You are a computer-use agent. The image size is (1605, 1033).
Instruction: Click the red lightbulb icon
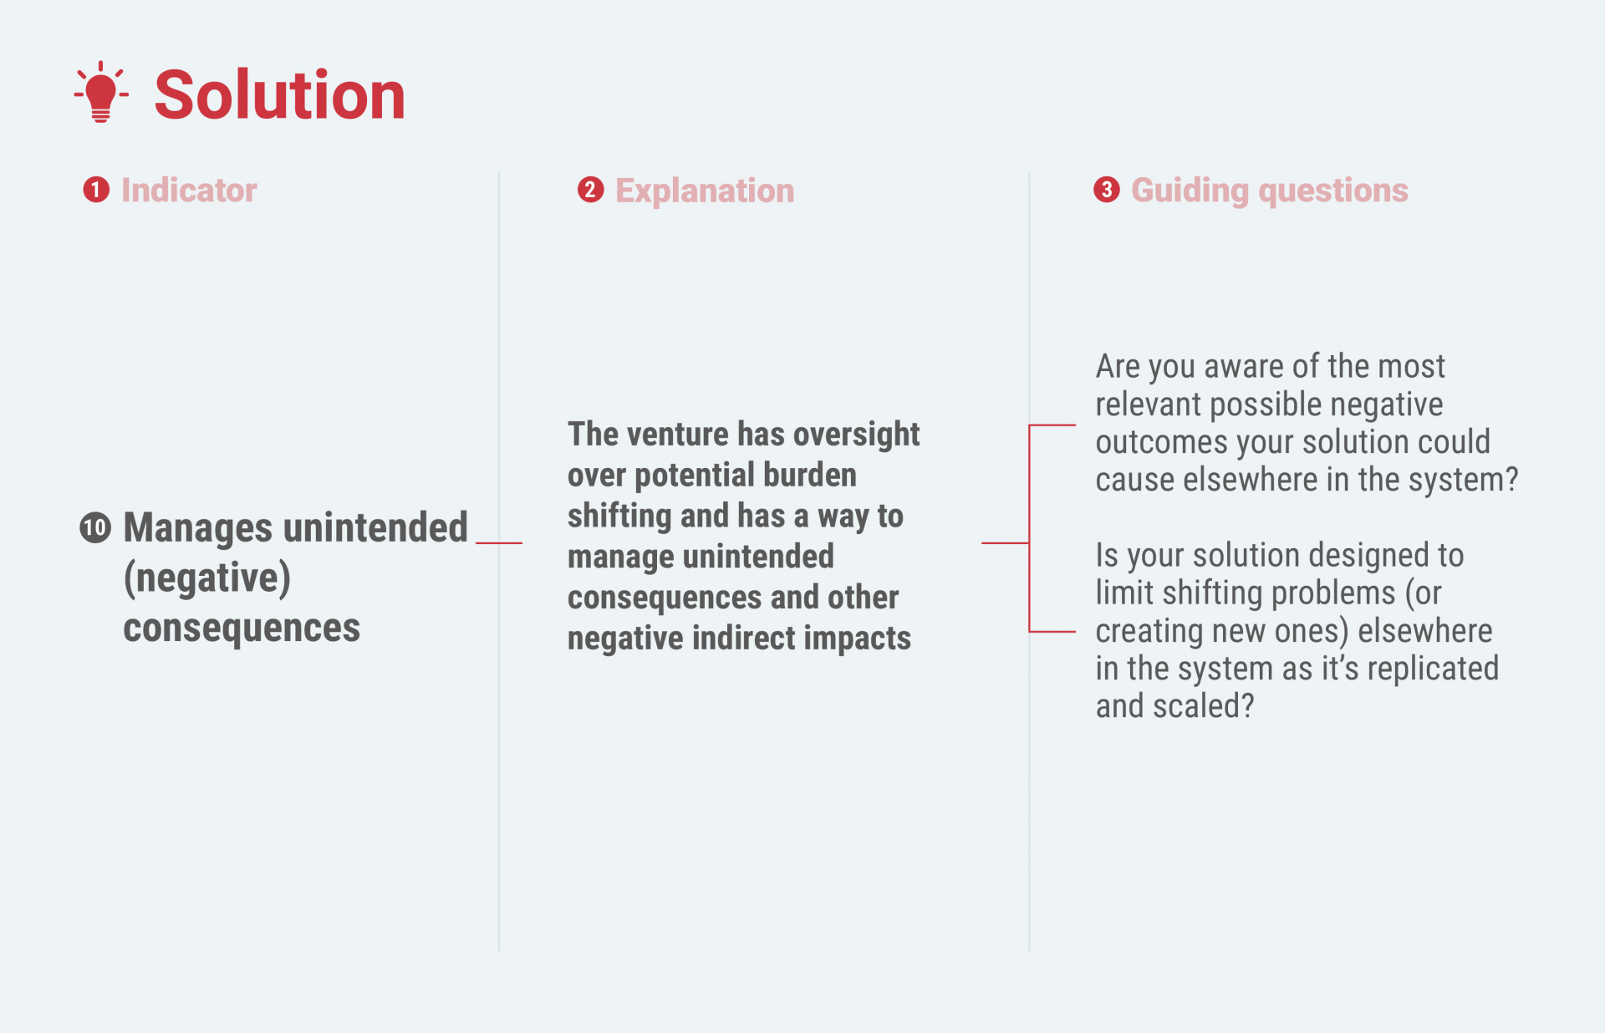click(101, 93)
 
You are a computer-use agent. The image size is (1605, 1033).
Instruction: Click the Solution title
click(280, 94)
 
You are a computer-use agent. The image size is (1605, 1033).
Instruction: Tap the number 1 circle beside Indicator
click(96, 190)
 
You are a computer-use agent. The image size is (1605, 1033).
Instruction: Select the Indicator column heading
click(189, 191)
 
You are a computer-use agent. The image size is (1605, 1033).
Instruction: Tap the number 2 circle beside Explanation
click(591, 190)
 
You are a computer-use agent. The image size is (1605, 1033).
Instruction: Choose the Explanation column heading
click(705, 191)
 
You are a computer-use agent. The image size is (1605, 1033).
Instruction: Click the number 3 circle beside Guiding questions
click(1107, 190)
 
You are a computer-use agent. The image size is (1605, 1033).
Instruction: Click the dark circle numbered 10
click(95, 527)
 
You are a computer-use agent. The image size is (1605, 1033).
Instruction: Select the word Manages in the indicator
click(198, 528)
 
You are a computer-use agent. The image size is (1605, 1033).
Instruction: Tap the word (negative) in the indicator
click(207, 578)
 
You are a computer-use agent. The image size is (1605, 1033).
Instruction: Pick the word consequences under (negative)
click(242, 628)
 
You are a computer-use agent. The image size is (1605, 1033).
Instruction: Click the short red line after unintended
click(499, 543)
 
